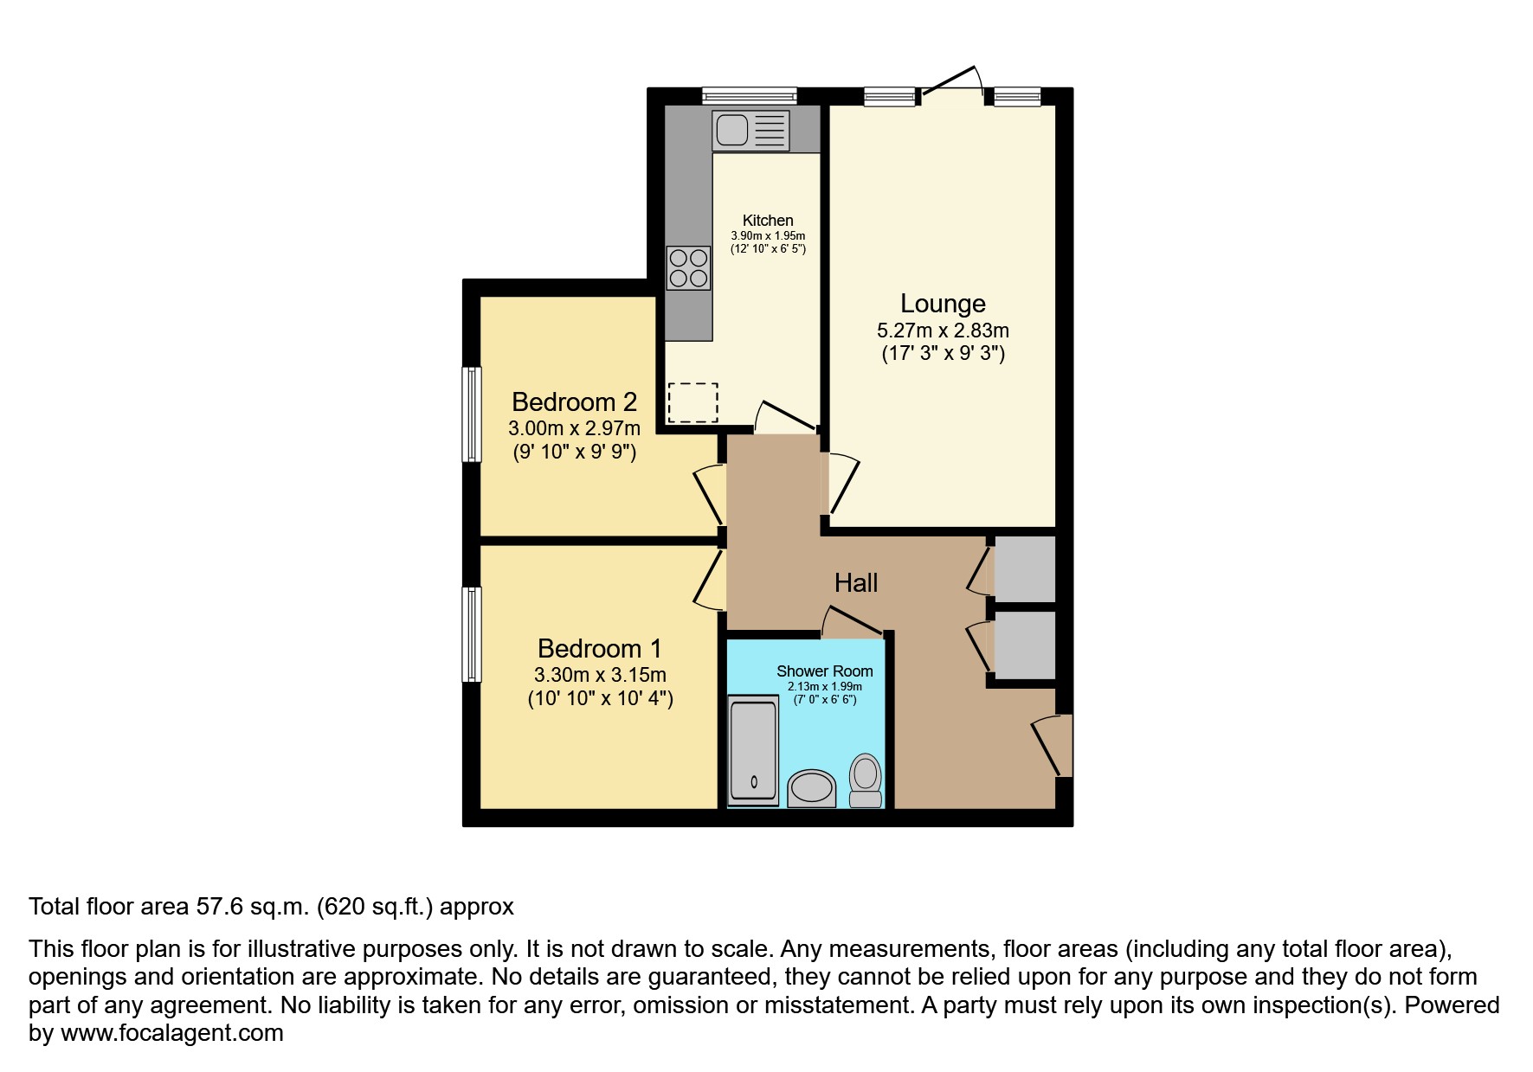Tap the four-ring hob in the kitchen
pyautogui.click(x=688, y=267)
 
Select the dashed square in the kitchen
pyautogui.click(x=692, y=402)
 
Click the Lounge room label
pyautogui.click(x=943, y=304)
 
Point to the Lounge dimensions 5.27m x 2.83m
pyautogui.click(x=943, y=331)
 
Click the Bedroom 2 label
pyautogui.click(x=574, y=402)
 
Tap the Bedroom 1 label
pyautogui.click(x=599, y=648)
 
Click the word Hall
pyautogui.click(x=856, y=583)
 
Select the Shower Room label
pyautogui.click(x=824, y=671)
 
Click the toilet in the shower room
pyautogui.click(x=865, y=779)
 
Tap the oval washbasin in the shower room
pyautogui.click(x=812, y=789)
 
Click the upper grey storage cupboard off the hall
pyautogui.click(x=1024, y=568)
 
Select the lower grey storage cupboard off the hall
pyautogui.click(x=1024, y=645)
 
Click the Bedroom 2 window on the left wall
pyautogui.click(x=471, y=414)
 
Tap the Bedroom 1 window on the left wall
pyautogui.click(x=471, y=634)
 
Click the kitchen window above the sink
pyautogui.click(x=749, y=95)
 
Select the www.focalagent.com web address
pyautogui.click(x=171, y=1033)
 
